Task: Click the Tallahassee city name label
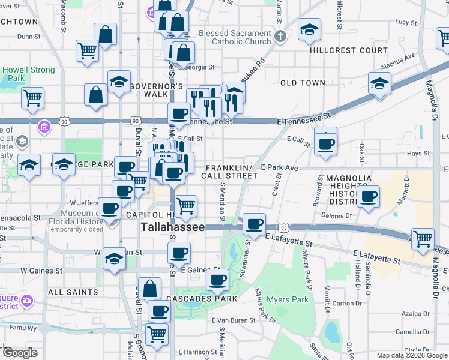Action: tap(172, 227)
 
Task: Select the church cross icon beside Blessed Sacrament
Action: tap(280, 38)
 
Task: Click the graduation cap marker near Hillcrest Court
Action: tap(309, 30)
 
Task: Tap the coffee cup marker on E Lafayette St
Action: tap(255, 224)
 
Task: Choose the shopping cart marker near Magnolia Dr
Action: tap(423, 239)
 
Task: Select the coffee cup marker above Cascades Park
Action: tap(217, 280)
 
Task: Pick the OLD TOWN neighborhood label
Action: tap(303, 83)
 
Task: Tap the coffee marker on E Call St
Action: tap(325, 144)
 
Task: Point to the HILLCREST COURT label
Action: tap(349, 50)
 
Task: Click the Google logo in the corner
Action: tap(19, 353)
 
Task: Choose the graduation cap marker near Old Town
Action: tap(379, 85)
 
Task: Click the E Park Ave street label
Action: tap(279, 168)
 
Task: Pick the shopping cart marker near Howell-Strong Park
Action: tap(32, 98)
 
